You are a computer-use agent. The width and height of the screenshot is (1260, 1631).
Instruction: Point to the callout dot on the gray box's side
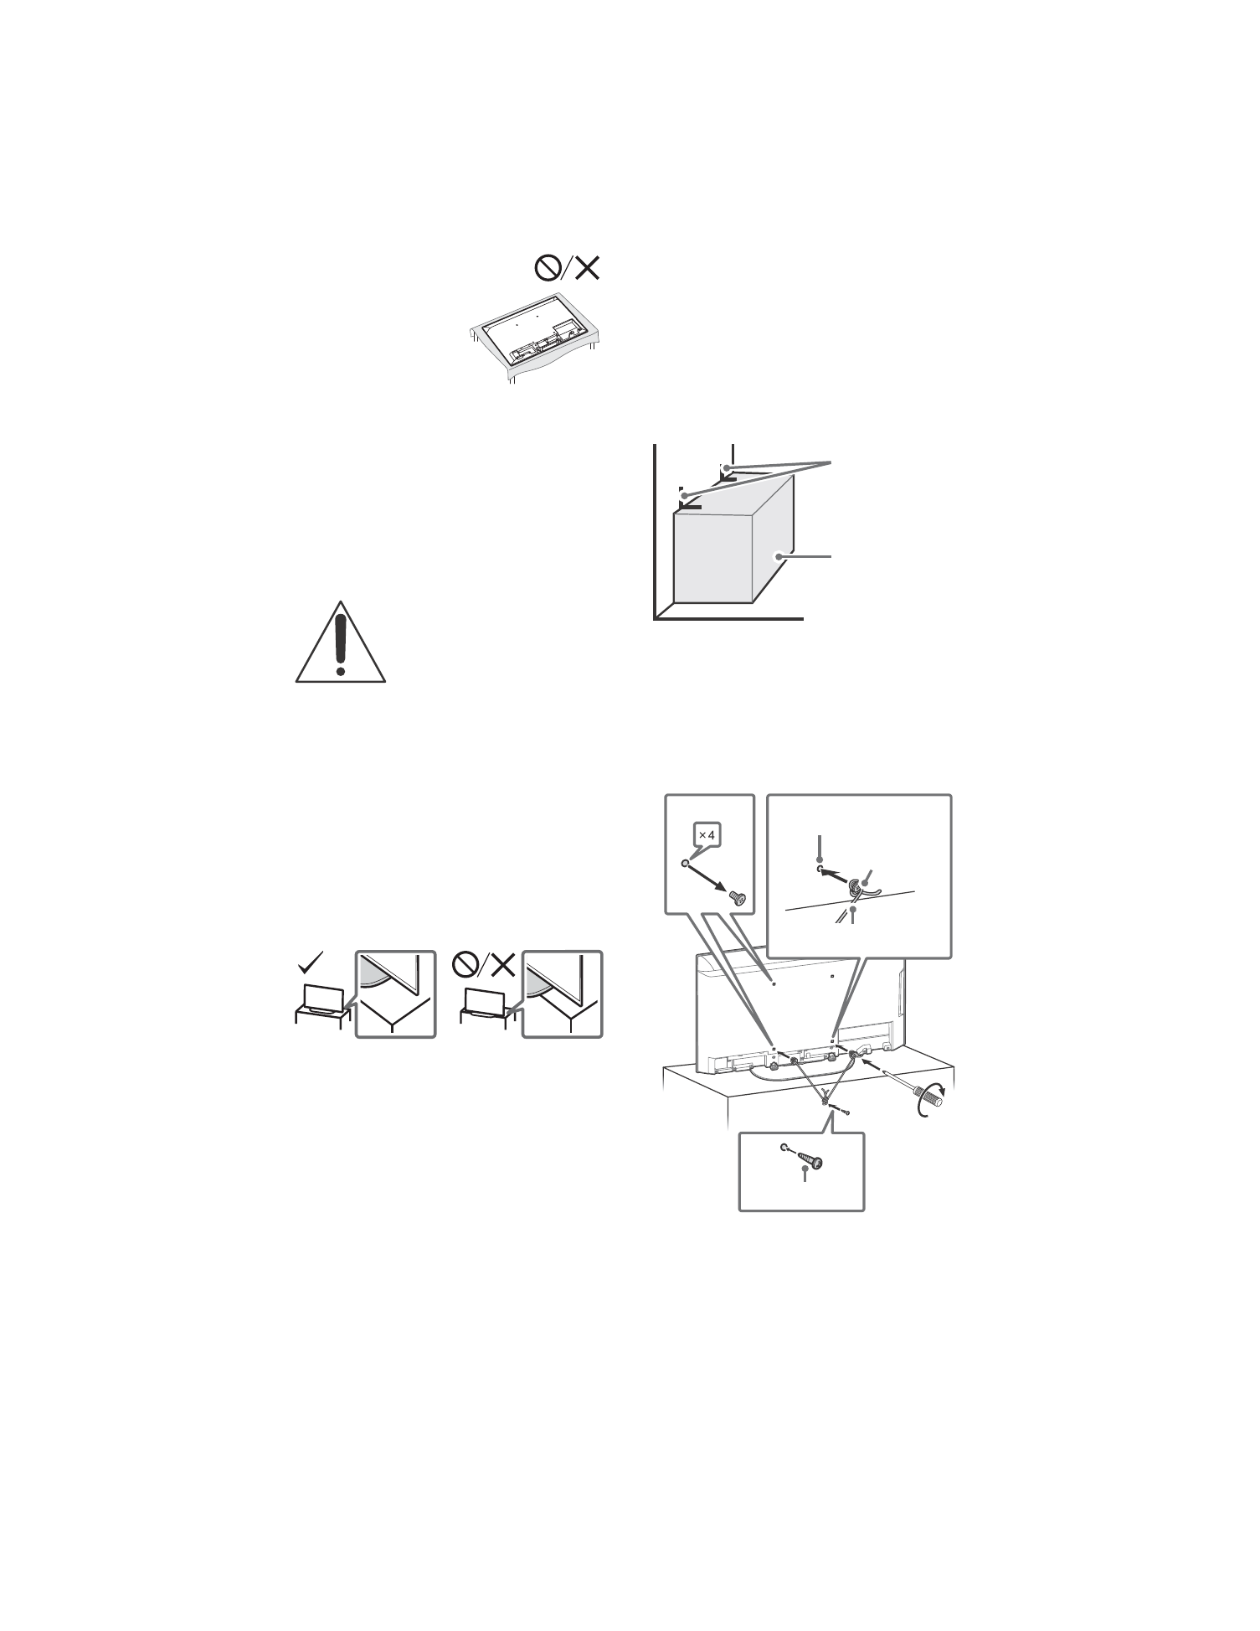click(x=779, y=555)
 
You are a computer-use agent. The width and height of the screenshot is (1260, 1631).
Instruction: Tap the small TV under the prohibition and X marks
click(x=485, y=1002)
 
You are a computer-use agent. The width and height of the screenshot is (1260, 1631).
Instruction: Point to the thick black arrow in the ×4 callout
click(x=708, y=880)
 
